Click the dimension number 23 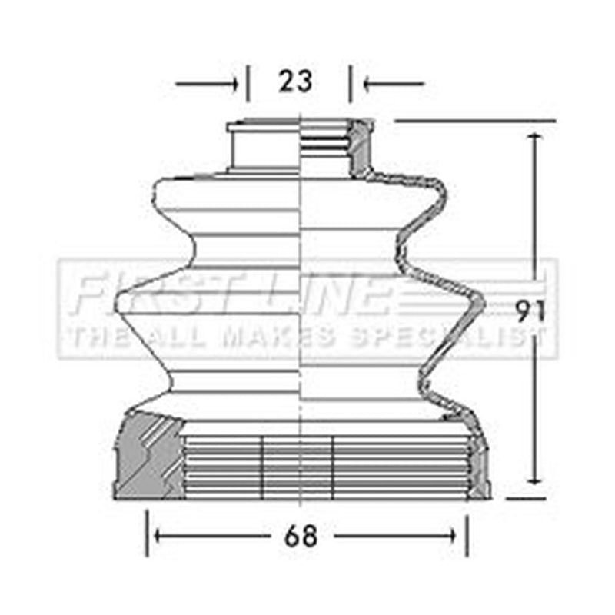tap(295, 81)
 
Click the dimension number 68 tap(301, 536)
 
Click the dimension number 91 tap(530, 311)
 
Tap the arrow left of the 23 tap(207, 84)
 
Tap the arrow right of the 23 tap(394, 84)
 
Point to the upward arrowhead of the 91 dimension tap(534, 138)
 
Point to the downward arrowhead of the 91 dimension tap(534, 478)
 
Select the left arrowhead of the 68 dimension tap(160, 535)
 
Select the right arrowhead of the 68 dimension tap(450, 535)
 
